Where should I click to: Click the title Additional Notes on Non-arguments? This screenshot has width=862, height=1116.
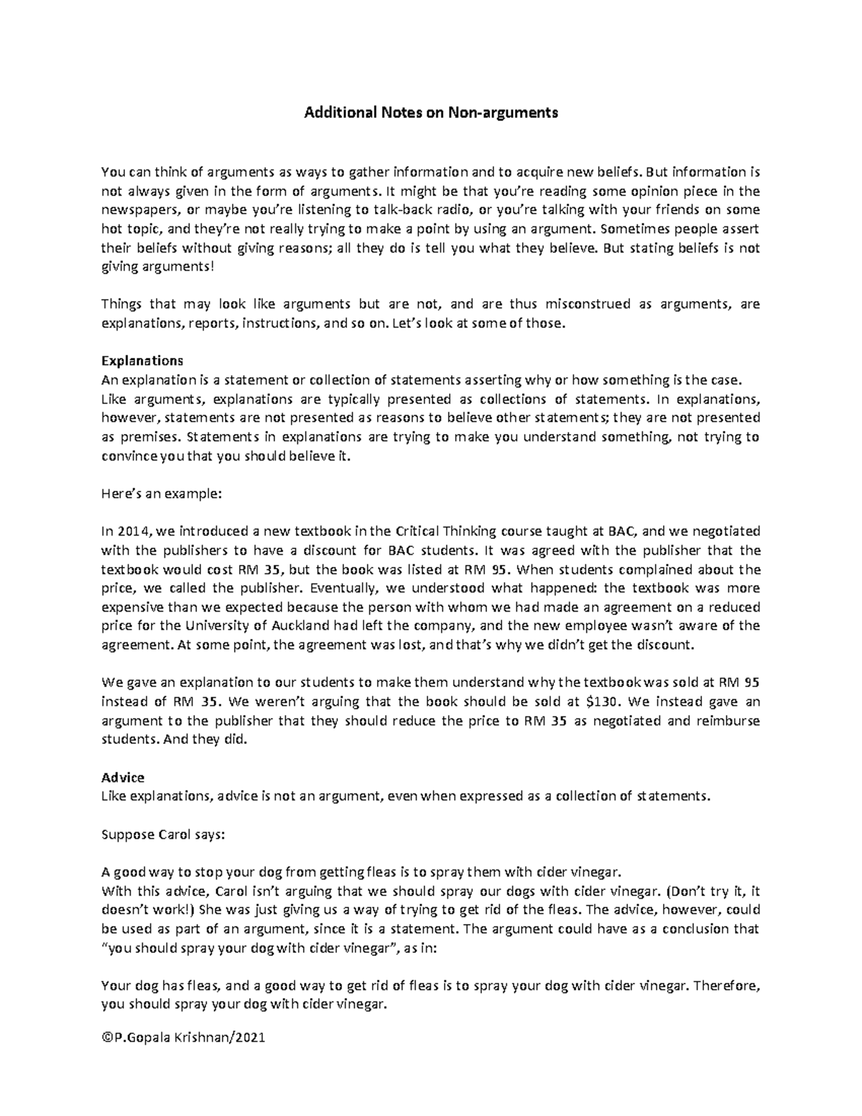click(431, 113)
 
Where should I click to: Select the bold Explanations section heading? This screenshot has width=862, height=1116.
click(142, 361)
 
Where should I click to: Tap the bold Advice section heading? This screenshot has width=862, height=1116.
click(123, 778)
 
